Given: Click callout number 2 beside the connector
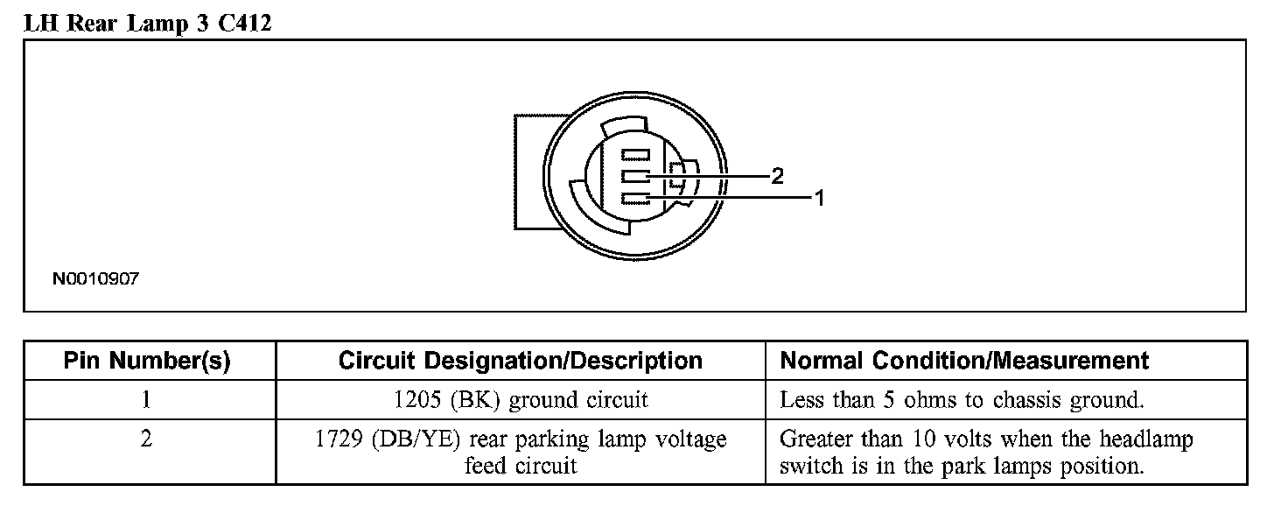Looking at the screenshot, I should coord(776,176).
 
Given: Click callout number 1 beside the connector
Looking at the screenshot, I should coord(820,198).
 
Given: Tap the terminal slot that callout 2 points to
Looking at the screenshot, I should coord(635,177).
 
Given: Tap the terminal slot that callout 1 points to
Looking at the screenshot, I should coord(635,199).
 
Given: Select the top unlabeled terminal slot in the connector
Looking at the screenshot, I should coord(635,155).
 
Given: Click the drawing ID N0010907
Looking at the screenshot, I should coord(96,280).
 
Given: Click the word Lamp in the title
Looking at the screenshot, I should coord(154,24).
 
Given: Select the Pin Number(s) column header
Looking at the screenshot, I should coord(147,361).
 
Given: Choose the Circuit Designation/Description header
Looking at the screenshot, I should coord(520,361).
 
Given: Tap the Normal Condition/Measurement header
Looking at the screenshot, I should coord(964,361).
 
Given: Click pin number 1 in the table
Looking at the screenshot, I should coord(147,400).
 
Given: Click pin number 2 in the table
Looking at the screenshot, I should coord(147,439).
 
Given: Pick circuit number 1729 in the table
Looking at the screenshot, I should coord(338,439).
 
